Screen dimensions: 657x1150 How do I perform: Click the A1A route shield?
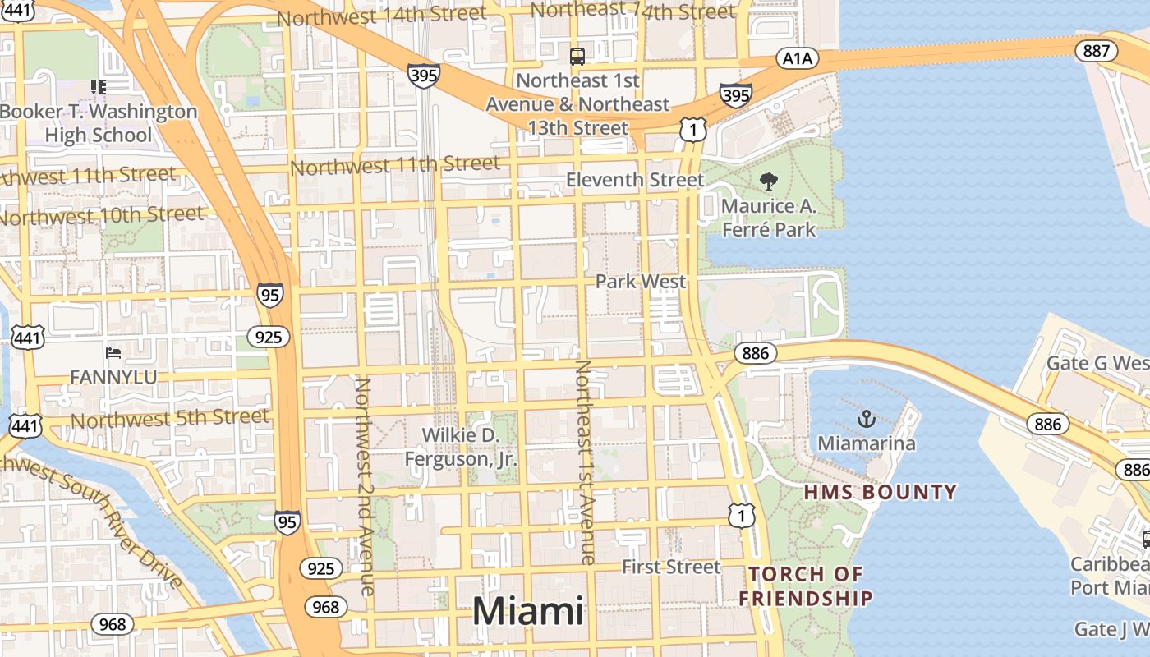click(x=797, y=57)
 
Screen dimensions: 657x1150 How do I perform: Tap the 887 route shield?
click(x=1096, y=51)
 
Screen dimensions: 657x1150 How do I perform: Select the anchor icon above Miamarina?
click(x=866, y=420)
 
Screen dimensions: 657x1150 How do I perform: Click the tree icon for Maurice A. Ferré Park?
click(x=769, y=181)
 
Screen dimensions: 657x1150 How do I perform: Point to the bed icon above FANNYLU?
click(x=113, y=353)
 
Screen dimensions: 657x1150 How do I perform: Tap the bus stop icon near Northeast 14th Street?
click(x=577, y=57)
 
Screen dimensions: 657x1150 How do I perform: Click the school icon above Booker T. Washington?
click(x=99, y=86)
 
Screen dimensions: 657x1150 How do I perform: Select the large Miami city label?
click(x=528, y=612)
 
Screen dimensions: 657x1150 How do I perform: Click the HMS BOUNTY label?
click(x=880, y=493)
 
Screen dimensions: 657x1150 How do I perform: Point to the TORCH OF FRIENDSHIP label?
click(x=805, y=586)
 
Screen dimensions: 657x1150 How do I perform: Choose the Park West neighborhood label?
click(x=640, y=282)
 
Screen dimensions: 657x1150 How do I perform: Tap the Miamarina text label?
click(x=866, y=444)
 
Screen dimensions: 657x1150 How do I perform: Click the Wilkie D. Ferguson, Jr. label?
click(x=461, y=448)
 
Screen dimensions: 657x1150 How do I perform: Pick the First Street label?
click(x=671, y=567)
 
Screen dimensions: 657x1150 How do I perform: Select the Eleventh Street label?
click(x=635, y=180)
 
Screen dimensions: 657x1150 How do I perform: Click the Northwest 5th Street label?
click(x=170, y=418)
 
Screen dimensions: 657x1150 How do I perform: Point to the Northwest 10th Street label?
click(x=102, y=217)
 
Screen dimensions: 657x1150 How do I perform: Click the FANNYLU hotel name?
click(x=113, y=377)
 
